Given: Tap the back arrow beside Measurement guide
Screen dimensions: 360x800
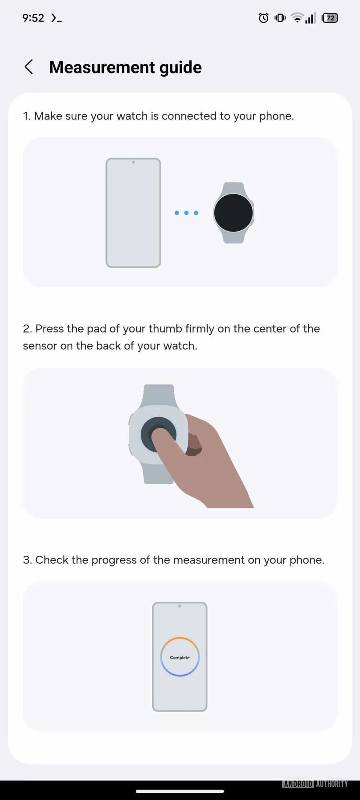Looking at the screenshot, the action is [29, 67].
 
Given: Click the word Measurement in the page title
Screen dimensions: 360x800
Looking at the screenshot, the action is [102, 67].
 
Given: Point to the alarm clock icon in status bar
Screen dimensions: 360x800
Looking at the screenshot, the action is [264, 18].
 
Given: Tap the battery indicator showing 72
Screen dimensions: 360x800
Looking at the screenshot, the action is [330, 18].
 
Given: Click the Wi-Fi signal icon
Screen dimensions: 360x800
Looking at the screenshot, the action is [297, 18].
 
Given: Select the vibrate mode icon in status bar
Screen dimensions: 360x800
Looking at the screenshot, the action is [280, 18].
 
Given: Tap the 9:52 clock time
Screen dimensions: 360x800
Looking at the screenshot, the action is [33, 18].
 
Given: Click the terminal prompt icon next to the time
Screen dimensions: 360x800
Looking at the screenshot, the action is [56, 18].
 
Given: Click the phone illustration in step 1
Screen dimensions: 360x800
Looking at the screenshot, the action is [133, 213].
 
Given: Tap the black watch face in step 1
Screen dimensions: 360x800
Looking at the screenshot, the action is [233, 213].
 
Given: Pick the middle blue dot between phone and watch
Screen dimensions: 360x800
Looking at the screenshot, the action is [186, 213].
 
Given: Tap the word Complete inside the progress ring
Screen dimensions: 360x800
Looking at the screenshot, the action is [180, 657].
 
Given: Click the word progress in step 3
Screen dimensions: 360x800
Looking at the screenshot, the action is [114, 560].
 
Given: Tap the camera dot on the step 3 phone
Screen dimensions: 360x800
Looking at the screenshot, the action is [180, 606].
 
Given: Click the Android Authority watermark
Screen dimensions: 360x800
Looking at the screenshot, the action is [315, 784].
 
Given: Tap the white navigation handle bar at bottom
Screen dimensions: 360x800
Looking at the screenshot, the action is [180, 791].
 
